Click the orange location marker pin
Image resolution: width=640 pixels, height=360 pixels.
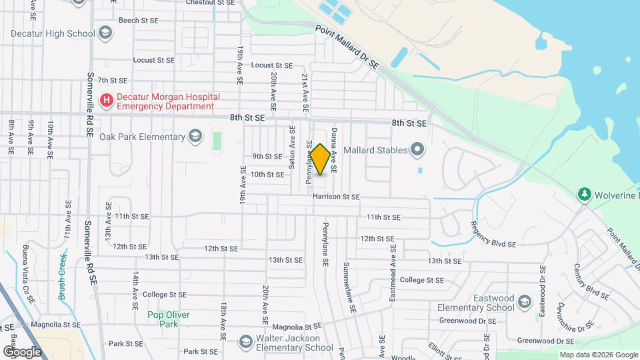click(320, 160)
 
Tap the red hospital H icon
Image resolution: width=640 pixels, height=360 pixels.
click(106, 101)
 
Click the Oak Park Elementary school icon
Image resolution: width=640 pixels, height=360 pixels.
click(195, 137)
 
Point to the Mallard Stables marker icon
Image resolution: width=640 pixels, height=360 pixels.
click(417, 149)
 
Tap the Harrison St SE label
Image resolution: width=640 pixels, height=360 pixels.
click(335, 197)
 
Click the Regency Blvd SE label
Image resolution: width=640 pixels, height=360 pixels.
click(493, 235)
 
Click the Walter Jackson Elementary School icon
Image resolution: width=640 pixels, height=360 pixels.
click(245, 341)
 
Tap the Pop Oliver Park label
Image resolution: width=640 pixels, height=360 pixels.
click(169, 319)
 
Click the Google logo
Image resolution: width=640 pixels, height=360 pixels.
click(21, 351)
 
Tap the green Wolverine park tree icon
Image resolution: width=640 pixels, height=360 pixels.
click(585, 194)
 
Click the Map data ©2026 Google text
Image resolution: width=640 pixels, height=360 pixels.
click(598, 355)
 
